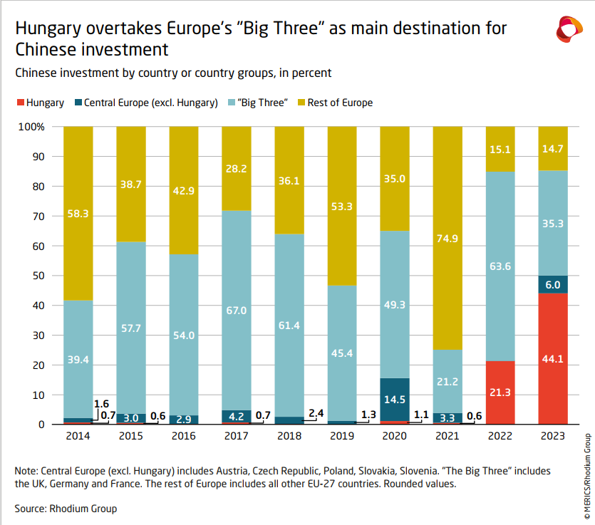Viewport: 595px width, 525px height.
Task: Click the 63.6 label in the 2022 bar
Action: coord(500,267)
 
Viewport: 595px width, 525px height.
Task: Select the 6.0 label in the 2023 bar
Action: coord(553,284)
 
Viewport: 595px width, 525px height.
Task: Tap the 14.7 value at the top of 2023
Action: coord(553,148)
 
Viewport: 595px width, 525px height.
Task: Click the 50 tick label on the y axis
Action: coord(39,276)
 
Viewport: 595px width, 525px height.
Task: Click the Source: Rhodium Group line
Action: coord(66,509)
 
